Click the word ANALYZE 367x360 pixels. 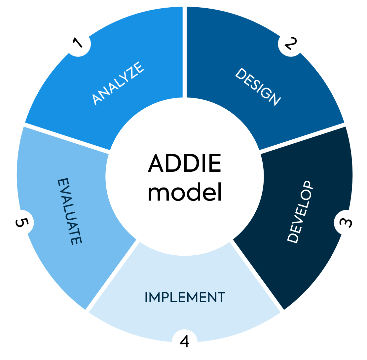coord(118,83)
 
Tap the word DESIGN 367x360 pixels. coord(258,87)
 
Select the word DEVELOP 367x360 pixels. coord(300,212)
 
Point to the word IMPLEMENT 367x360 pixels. coord(185,298)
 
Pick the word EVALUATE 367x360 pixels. coord(69,212)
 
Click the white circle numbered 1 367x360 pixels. coord(78,44)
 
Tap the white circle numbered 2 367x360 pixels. coord(291,43)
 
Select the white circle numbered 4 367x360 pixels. coord(185,342)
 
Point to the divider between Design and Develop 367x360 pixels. coord(302,138)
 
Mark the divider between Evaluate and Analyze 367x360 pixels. coord(67,138)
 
